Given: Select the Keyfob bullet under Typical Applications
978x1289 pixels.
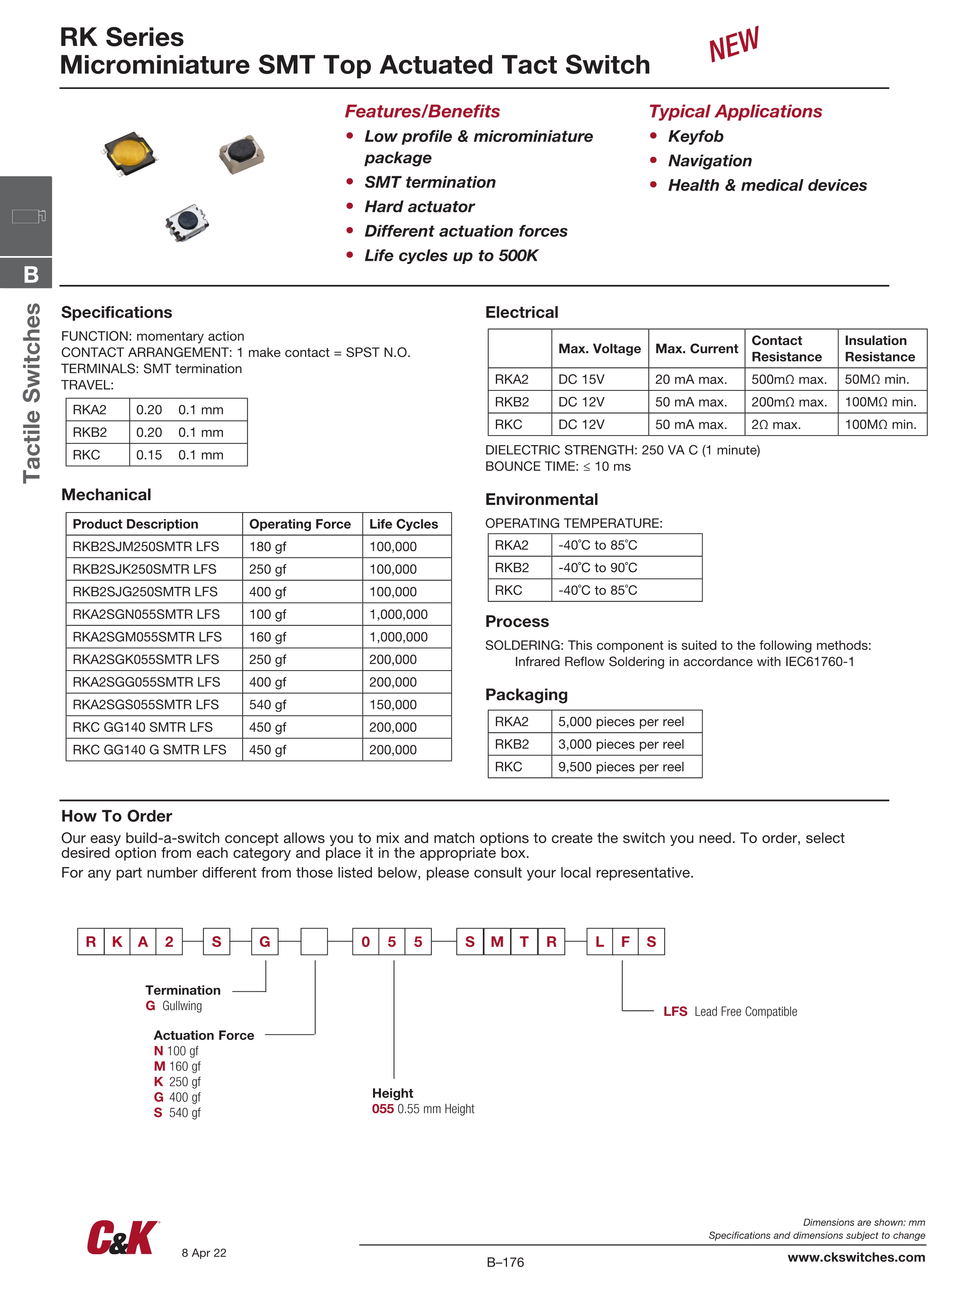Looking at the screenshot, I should (x=695, y=136).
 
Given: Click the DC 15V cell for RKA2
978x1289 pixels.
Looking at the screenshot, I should (x=581, y=379).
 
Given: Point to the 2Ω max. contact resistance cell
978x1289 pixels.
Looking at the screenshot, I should (x=776, y=425).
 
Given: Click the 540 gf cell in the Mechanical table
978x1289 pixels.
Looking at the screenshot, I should (x=268, y=705).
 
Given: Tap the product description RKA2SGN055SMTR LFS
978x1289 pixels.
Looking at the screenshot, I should (x=146, y=614).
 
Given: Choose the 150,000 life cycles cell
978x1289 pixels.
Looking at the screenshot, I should (x=393, y=705).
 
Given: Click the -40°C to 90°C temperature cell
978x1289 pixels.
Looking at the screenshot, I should (x=597, y=567).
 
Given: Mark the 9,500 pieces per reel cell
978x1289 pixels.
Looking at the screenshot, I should (x=621, y=767).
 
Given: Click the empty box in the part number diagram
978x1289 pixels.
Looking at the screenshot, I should (x=314, y=942).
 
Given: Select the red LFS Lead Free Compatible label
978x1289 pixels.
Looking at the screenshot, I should (x=730, y=1012).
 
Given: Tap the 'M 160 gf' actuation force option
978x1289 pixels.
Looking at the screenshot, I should (x=177, y=1067).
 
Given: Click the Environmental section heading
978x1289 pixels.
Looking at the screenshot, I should (x=541, y=499).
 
